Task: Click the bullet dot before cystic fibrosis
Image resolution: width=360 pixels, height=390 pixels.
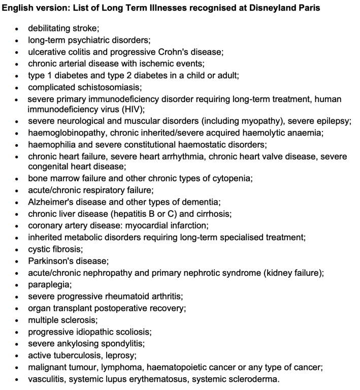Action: [18, 249]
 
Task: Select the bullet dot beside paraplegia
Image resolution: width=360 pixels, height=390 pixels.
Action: [18, 284]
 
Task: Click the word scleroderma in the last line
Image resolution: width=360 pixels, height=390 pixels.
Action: [253, 378]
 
